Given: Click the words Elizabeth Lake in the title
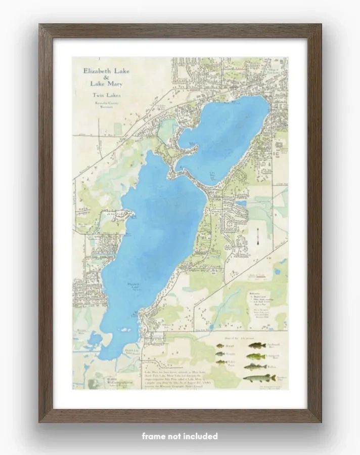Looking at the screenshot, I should coord(106,71).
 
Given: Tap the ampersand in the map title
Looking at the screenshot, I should coord(106,77).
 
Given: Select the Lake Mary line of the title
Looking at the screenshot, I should coord(106,84).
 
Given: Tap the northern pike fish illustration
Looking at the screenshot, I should coord(259,378).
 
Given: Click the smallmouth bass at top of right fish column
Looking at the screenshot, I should coord(257,345).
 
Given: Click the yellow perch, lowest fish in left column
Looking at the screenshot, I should coord(221,362).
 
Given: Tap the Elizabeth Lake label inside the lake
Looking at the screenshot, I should coord(133,285).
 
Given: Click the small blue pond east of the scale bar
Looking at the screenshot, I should coord(277,271).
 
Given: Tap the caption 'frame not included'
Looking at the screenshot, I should coord(179,436).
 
